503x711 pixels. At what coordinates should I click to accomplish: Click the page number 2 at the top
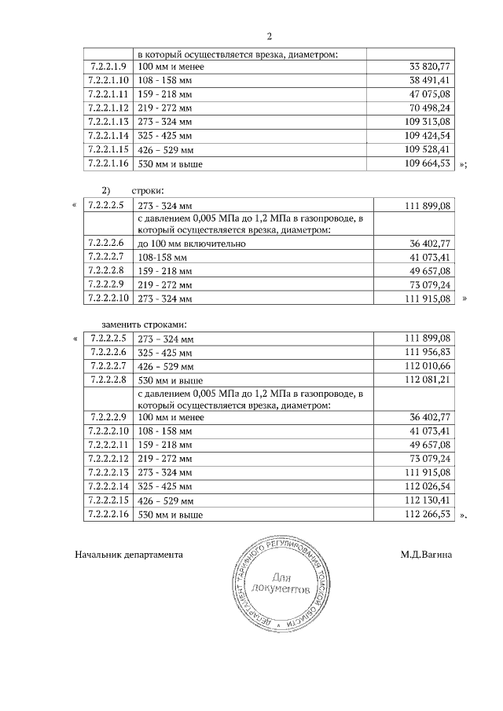point(270,36)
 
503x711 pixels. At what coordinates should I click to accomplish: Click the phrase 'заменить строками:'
point(145,324)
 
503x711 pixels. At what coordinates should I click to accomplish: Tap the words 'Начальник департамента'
point(129,554)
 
